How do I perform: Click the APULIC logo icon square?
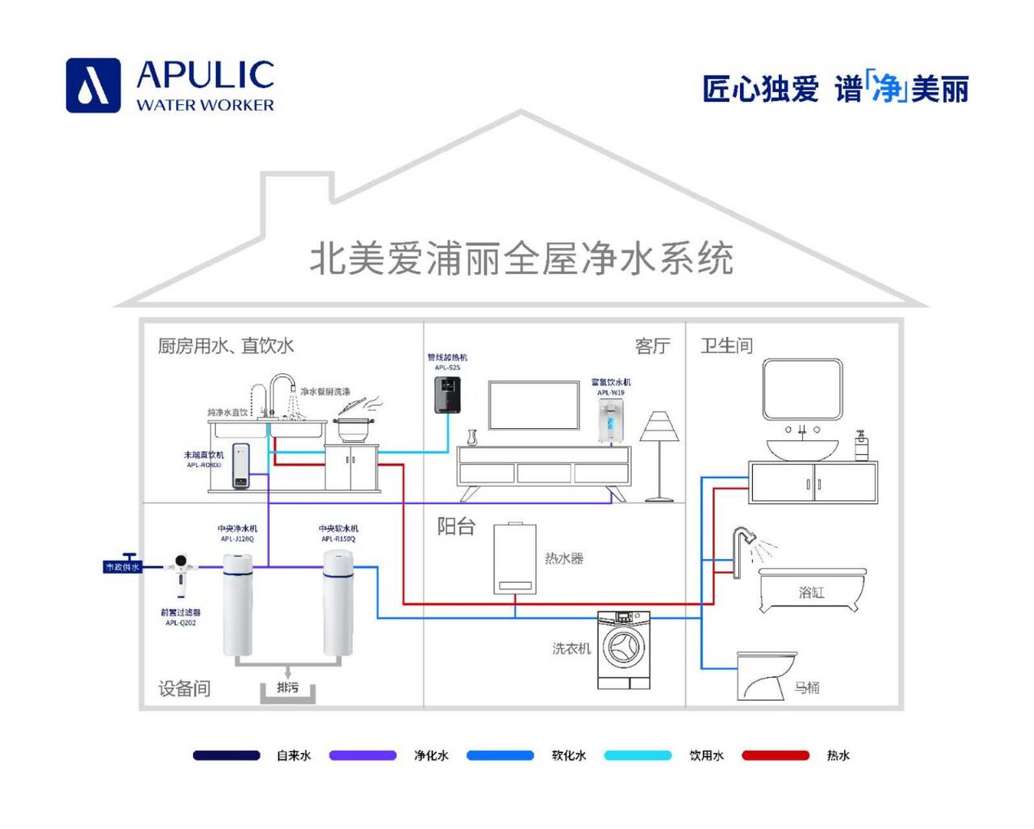click(93, 85)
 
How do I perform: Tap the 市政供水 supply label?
click(122, 567)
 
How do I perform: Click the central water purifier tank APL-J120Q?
click(238, 602)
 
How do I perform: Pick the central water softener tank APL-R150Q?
click(339, 602)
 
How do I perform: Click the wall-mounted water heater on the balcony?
click(515, 559)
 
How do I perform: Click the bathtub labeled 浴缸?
click(811, 590)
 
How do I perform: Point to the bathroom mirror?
click(802, 389)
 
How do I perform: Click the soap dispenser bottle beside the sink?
click(861, 447)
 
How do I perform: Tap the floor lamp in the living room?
click(659, 453)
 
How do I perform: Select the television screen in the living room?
click(534, 405)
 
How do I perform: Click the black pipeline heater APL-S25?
click(447, 394)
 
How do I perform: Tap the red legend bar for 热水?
click(775, 755)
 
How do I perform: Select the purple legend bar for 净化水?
click(363, 755)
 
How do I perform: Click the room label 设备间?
click(185, 688)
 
